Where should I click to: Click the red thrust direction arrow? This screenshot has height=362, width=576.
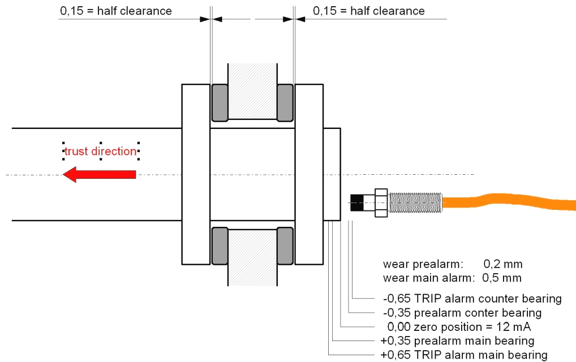99,174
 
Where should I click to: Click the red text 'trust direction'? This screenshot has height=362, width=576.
101,151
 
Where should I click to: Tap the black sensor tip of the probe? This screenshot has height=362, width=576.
356,202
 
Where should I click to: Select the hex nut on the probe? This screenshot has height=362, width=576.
381,202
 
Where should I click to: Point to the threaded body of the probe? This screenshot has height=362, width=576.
415,202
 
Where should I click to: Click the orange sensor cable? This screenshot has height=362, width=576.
509,201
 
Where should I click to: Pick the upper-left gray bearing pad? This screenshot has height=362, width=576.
220,103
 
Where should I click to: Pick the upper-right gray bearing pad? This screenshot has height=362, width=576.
285,103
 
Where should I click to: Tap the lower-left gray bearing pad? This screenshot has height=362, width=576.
220,246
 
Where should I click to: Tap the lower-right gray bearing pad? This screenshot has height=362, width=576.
285,246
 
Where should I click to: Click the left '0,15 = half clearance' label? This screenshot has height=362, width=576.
116,11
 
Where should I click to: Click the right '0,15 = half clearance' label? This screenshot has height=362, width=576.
369,11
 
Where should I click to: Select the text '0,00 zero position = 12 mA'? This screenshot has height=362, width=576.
459,327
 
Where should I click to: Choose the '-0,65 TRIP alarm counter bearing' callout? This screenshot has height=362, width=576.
472,299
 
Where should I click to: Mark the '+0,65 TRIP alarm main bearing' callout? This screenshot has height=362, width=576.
464,355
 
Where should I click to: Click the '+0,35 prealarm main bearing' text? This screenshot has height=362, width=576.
457,341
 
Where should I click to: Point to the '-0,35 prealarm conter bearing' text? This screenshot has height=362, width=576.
462,313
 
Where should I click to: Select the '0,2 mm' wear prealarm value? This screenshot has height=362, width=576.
503,264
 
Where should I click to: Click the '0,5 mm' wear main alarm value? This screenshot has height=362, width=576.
502,278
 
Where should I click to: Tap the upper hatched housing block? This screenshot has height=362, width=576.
253,91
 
